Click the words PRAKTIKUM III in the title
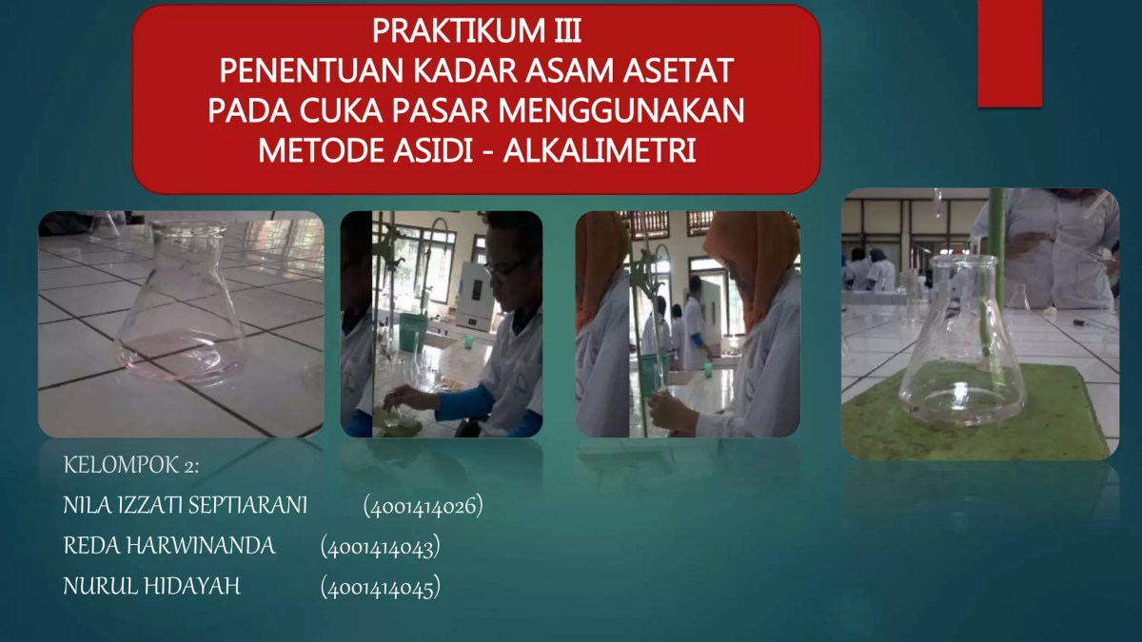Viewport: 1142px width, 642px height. [x=476, y=31]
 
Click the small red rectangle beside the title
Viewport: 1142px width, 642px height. [x=1009, y=52]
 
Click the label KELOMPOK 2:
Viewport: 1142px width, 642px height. [x=130, y=465]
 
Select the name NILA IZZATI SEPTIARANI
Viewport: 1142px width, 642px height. [x=185, y=506]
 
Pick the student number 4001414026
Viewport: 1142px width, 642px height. [x=423, y=506]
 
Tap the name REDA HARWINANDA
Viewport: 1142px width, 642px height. [x=168, y=546]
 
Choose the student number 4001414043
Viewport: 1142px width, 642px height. [x=380, y=547]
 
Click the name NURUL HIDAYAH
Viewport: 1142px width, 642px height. [x=151, y=587]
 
